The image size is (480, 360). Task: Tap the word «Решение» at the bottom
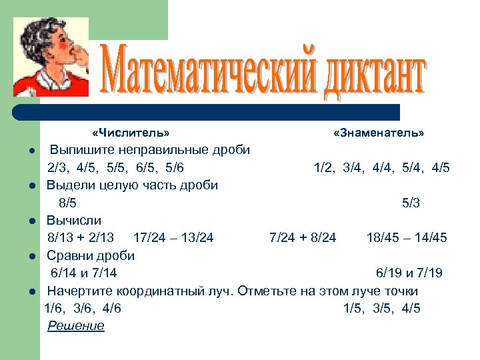[76, 326]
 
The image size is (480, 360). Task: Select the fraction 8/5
[67, 203]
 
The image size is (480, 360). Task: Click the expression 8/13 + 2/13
[81, 237]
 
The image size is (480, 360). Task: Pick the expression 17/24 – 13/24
[173, 237]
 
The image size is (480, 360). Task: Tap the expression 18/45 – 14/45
[407, 237]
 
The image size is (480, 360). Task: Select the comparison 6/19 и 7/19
[409, 273]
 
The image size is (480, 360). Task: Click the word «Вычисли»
[73, 220]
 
